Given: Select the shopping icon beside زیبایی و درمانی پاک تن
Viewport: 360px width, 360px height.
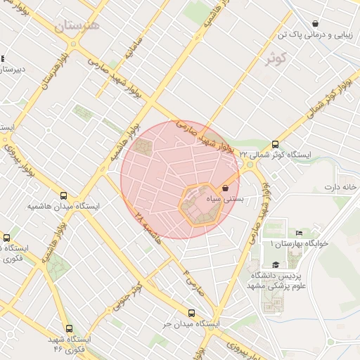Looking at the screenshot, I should [315, 23].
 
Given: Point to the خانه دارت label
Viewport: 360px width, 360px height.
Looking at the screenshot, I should [341, 187].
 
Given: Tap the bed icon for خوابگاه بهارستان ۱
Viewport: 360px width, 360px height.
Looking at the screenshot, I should [299, 233].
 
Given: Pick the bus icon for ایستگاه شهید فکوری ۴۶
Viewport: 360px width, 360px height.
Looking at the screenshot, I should [69, 328].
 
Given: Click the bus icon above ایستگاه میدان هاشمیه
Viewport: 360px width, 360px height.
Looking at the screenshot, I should [64, 196].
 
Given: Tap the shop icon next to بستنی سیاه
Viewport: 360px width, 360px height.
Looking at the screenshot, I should [225, 188].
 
